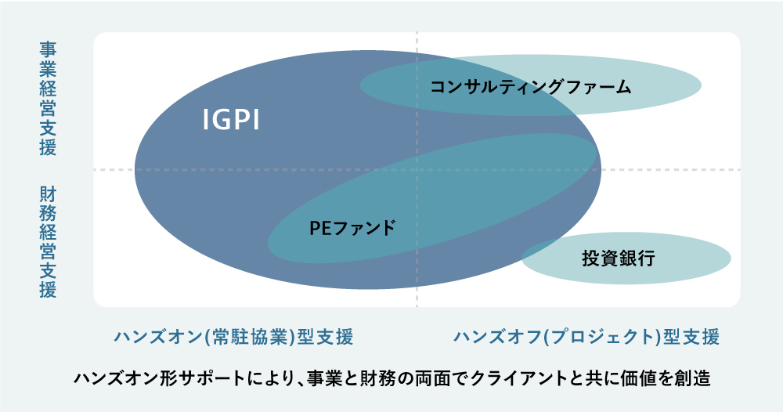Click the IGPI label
coord(231,120)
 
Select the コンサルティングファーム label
coord(531,87)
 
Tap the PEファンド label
coord(352,228)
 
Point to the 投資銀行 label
coord(619,258)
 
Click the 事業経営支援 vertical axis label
coord(48,99)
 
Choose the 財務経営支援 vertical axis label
coord(48,242)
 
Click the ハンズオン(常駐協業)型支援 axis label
coord(233,337)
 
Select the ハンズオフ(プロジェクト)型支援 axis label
coord(586,337)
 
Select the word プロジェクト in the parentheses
coord(596,337)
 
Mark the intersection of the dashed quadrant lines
coord(417,170)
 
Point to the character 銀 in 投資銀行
coord(628,258)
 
